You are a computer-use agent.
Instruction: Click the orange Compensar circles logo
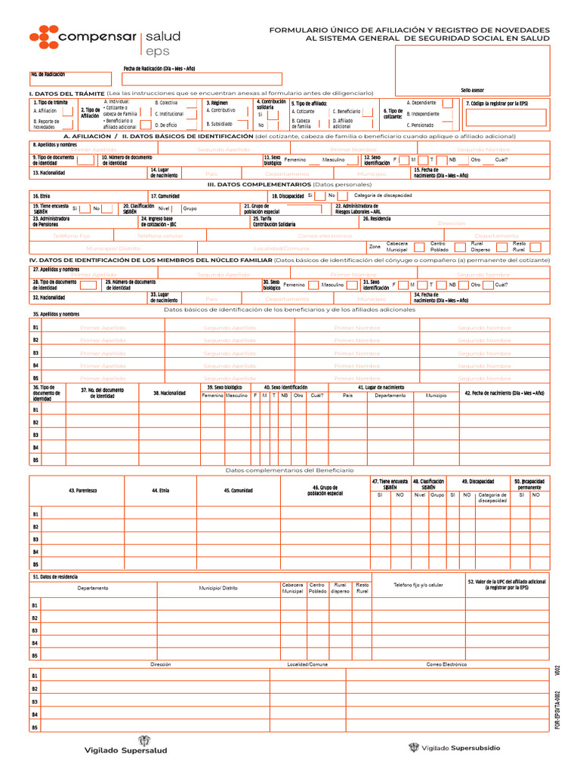point(44,35)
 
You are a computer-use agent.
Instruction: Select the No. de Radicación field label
point(48,75)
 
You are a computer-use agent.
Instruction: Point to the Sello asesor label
point(472,90)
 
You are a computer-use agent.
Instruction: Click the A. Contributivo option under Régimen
point(221,110)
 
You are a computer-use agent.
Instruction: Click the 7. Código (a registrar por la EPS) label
point(496,103)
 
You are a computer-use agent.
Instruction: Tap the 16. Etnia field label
point(41,196)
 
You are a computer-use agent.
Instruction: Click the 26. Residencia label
point(375,219)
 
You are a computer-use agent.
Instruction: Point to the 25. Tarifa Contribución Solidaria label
point(274,221)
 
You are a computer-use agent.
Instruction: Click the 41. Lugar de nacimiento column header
point(380,387)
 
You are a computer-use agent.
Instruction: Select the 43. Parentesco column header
point(82,491)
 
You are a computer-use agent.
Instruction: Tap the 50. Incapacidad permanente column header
point(528,484)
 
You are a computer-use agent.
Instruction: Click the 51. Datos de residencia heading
point(55,577)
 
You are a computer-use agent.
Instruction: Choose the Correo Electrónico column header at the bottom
point(446,664)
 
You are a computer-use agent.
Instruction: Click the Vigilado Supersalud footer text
point(125,750)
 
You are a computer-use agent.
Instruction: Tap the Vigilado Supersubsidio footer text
point(460,748)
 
